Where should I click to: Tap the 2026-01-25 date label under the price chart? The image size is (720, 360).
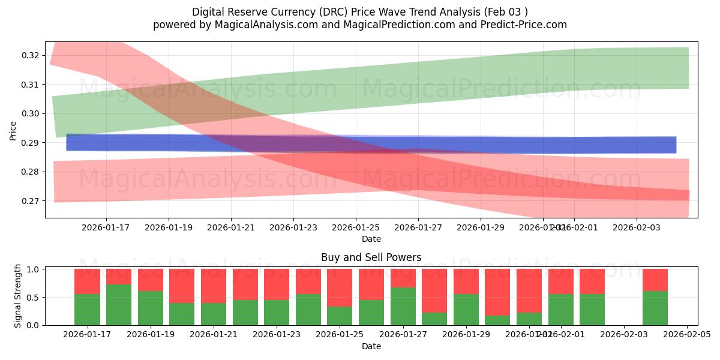(x=356, y=228)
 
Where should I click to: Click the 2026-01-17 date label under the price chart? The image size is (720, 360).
(x=106, y=228)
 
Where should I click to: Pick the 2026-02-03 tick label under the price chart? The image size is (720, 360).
(x=637, y=228)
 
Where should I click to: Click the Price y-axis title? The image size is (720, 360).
(x=13, y=130)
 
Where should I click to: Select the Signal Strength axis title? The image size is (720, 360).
(x=18, y=296)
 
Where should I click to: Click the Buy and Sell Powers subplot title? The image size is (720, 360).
(x=371, y=257)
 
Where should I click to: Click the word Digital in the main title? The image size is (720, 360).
(x=208, y=12)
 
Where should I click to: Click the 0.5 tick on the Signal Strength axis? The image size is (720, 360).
(x=34, y=298)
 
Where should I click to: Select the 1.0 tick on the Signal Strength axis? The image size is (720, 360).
(x=34, y=269)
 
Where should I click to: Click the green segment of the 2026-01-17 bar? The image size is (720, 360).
(x=87, y=310)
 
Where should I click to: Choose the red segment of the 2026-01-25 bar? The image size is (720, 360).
(x=340, y=288)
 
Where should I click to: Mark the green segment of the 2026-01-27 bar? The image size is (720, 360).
(x=403, y=307)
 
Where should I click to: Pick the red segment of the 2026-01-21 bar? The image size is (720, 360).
(x=214, y=286)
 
